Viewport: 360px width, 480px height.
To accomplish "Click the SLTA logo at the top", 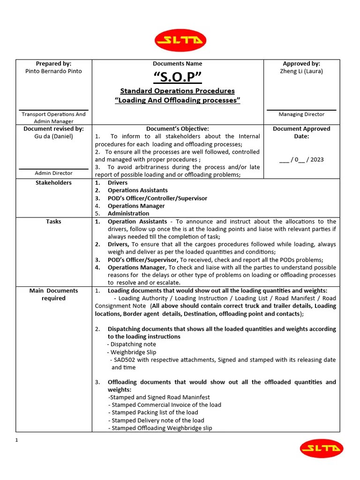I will pos(180,40).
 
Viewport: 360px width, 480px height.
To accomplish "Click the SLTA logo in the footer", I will pos(322,449).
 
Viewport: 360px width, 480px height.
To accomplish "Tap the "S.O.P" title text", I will pos(178,77).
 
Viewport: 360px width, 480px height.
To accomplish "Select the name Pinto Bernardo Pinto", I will pos(53,71).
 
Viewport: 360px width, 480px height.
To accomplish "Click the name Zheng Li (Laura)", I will pos(301,71).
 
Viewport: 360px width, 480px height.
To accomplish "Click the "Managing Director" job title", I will pos(301,114).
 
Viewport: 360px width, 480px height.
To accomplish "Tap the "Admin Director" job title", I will pos(53,173).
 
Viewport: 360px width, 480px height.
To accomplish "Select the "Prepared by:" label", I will pos(53,63).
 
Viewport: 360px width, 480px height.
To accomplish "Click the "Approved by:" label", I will pos(301,63).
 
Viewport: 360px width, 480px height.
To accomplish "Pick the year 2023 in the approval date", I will pos(317,159).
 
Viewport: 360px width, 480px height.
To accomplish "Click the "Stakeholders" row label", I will pos(53,182).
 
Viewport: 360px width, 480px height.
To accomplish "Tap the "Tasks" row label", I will pos(53,221).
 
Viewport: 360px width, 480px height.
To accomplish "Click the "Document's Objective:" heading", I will pos(178,128).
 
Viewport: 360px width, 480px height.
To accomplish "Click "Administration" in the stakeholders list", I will pos(129,213).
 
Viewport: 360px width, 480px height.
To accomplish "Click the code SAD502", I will pos(124,360).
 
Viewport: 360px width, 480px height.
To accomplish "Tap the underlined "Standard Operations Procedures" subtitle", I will pos(178,91).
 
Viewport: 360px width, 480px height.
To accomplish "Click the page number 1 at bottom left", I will pos(17,440).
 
